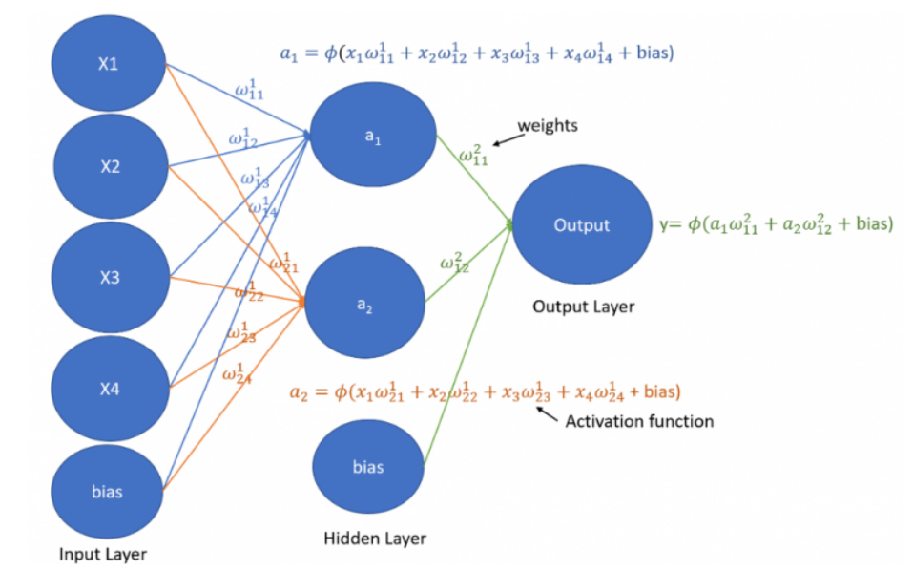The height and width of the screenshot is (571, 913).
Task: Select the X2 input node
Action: [x=109, y=167]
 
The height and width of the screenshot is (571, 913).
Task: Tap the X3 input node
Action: [x=109, y=277]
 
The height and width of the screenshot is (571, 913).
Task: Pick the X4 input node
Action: [x=109, y=390]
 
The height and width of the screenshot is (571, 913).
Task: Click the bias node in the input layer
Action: [x=107, y=492]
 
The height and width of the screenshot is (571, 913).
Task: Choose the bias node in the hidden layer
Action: [x=368, y=467]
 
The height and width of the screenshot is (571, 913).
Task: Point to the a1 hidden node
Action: [x=372, y=137]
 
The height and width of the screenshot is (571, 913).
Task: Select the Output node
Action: [x=581, y=225]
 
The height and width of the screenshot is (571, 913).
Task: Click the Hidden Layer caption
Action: [x=375, y=538]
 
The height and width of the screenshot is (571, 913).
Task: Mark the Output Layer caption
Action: [x=583, y=307]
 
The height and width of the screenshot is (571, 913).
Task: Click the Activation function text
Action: [x=639, y=420]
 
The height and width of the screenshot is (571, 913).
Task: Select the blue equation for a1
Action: [x=477, y=54]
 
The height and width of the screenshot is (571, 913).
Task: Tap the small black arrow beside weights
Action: [x=505, y=139]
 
